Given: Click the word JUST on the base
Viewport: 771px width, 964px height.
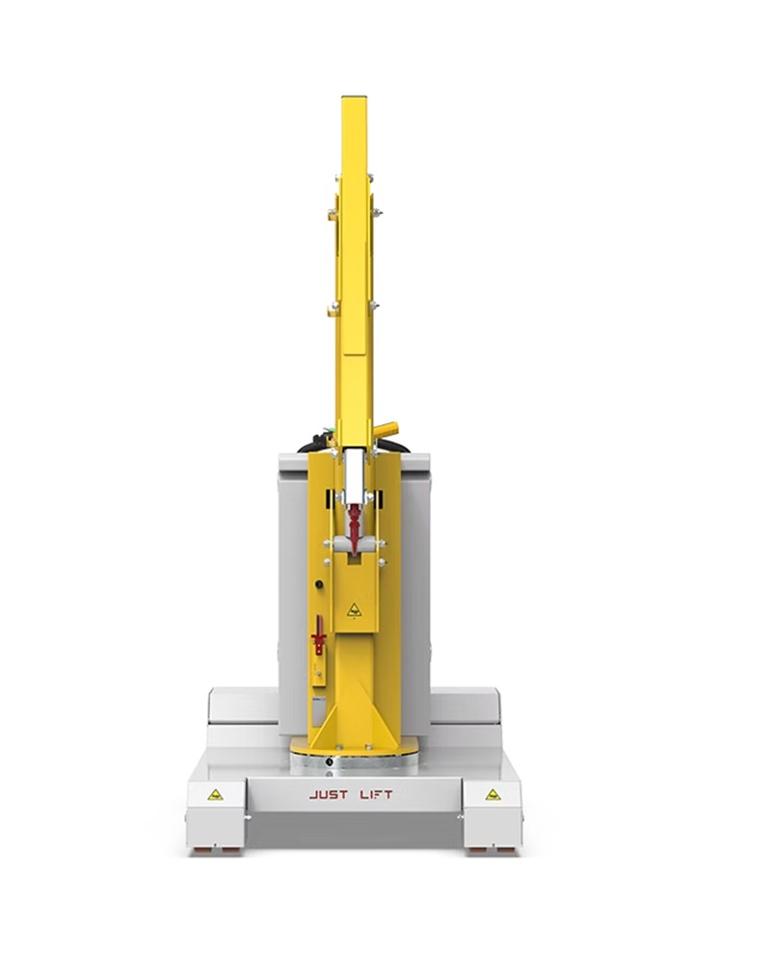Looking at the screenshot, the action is coord(329,794).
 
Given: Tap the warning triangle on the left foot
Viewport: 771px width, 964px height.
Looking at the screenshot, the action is coord(215,794).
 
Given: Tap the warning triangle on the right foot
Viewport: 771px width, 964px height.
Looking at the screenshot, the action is coord(492,794).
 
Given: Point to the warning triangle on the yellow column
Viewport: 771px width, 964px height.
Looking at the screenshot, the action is coord(354,610).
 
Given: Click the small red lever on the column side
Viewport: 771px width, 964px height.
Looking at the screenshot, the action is coord(318,635).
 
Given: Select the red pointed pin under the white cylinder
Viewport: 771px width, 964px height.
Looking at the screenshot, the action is coord(355,527).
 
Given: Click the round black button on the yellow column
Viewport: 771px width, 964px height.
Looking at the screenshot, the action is coord(319,584).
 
